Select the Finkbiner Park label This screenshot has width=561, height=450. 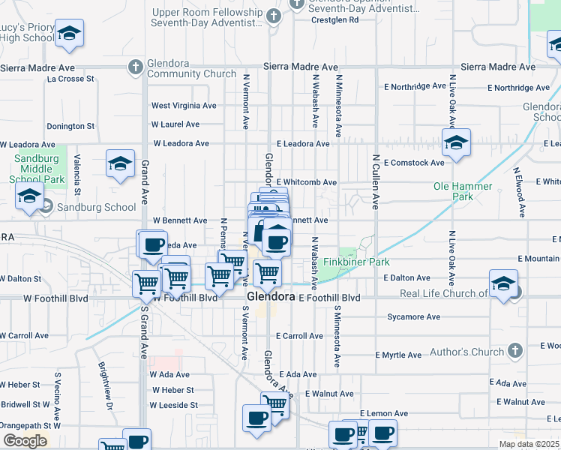point(346,262)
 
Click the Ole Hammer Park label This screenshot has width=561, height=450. point(463,191)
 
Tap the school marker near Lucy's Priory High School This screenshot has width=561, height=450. point(69,34)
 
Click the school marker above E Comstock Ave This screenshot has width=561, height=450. point(456,143)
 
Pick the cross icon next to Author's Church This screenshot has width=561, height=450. point(514,351)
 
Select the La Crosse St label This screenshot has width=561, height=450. point(70,78)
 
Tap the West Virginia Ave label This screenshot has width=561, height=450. point(184,106)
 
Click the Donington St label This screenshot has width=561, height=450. point(70,127)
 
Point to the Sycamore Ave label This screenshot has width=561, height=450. point(413,317)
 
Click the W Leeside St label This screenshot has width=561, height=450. point(175,405)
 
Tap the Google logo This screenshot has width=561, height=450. point(25,441)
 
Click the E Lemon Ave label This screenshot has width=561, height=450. point(383,413)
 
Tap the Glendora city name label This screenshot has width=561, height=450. point(271,297)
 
